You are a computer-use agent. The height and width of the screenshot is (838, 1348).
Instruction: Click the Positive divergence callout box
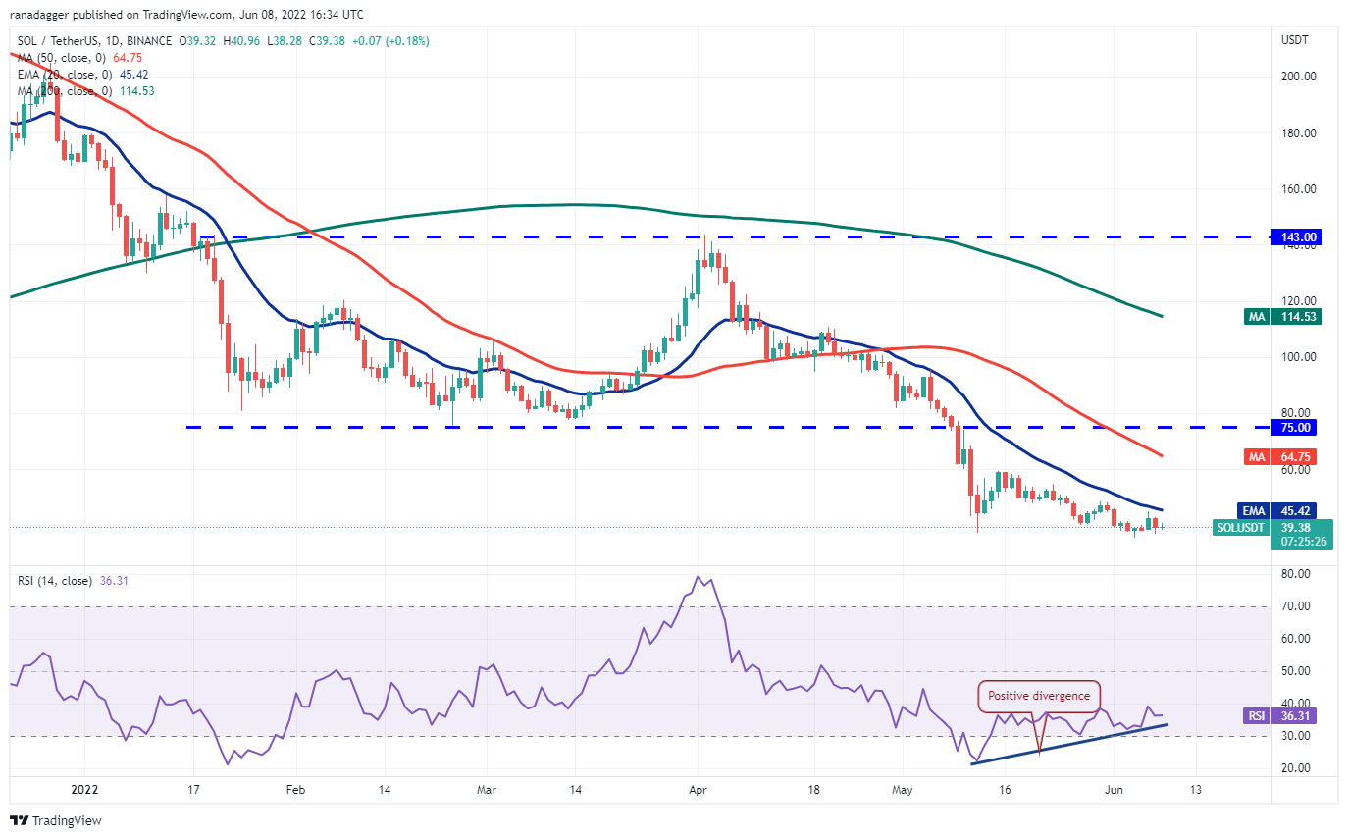click(1039, 696)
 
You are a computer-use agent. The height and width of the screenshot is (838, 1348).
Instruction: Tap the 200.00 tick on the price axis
click(1298, 77)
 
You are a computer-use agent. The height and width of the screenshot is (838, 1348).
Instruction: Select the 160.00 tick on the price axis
click(1298, 189)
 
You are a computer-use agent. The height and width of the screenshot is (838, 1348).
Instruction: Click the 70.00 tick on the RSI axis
click(1295, 606)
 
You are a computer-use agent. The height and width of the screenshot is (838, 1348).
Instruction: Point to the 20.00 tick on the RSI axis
click(1295, 768)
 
